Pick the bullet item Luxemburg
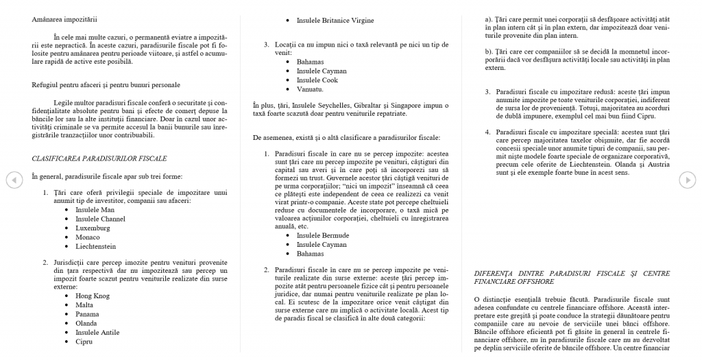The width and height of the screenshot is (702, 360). (x=93, y=228)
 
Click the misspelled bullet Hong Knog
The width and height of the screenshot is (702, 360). (x=93, y=295)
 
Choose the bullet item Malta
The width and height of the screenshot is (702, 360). (x=85, y=304)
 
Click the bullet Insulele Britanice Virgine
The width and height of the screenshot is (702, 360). (x=335, y=21)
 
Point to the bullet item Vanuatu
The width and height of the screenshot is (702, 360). (x=310, y=90)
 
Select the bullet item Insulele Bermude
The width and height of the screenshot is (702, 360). (x=322, y=235)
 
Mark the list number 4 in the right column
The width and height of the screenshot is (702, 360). (x=487, y=132)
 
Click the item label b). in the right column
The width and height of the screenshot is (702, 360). (x=489, y=51)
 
